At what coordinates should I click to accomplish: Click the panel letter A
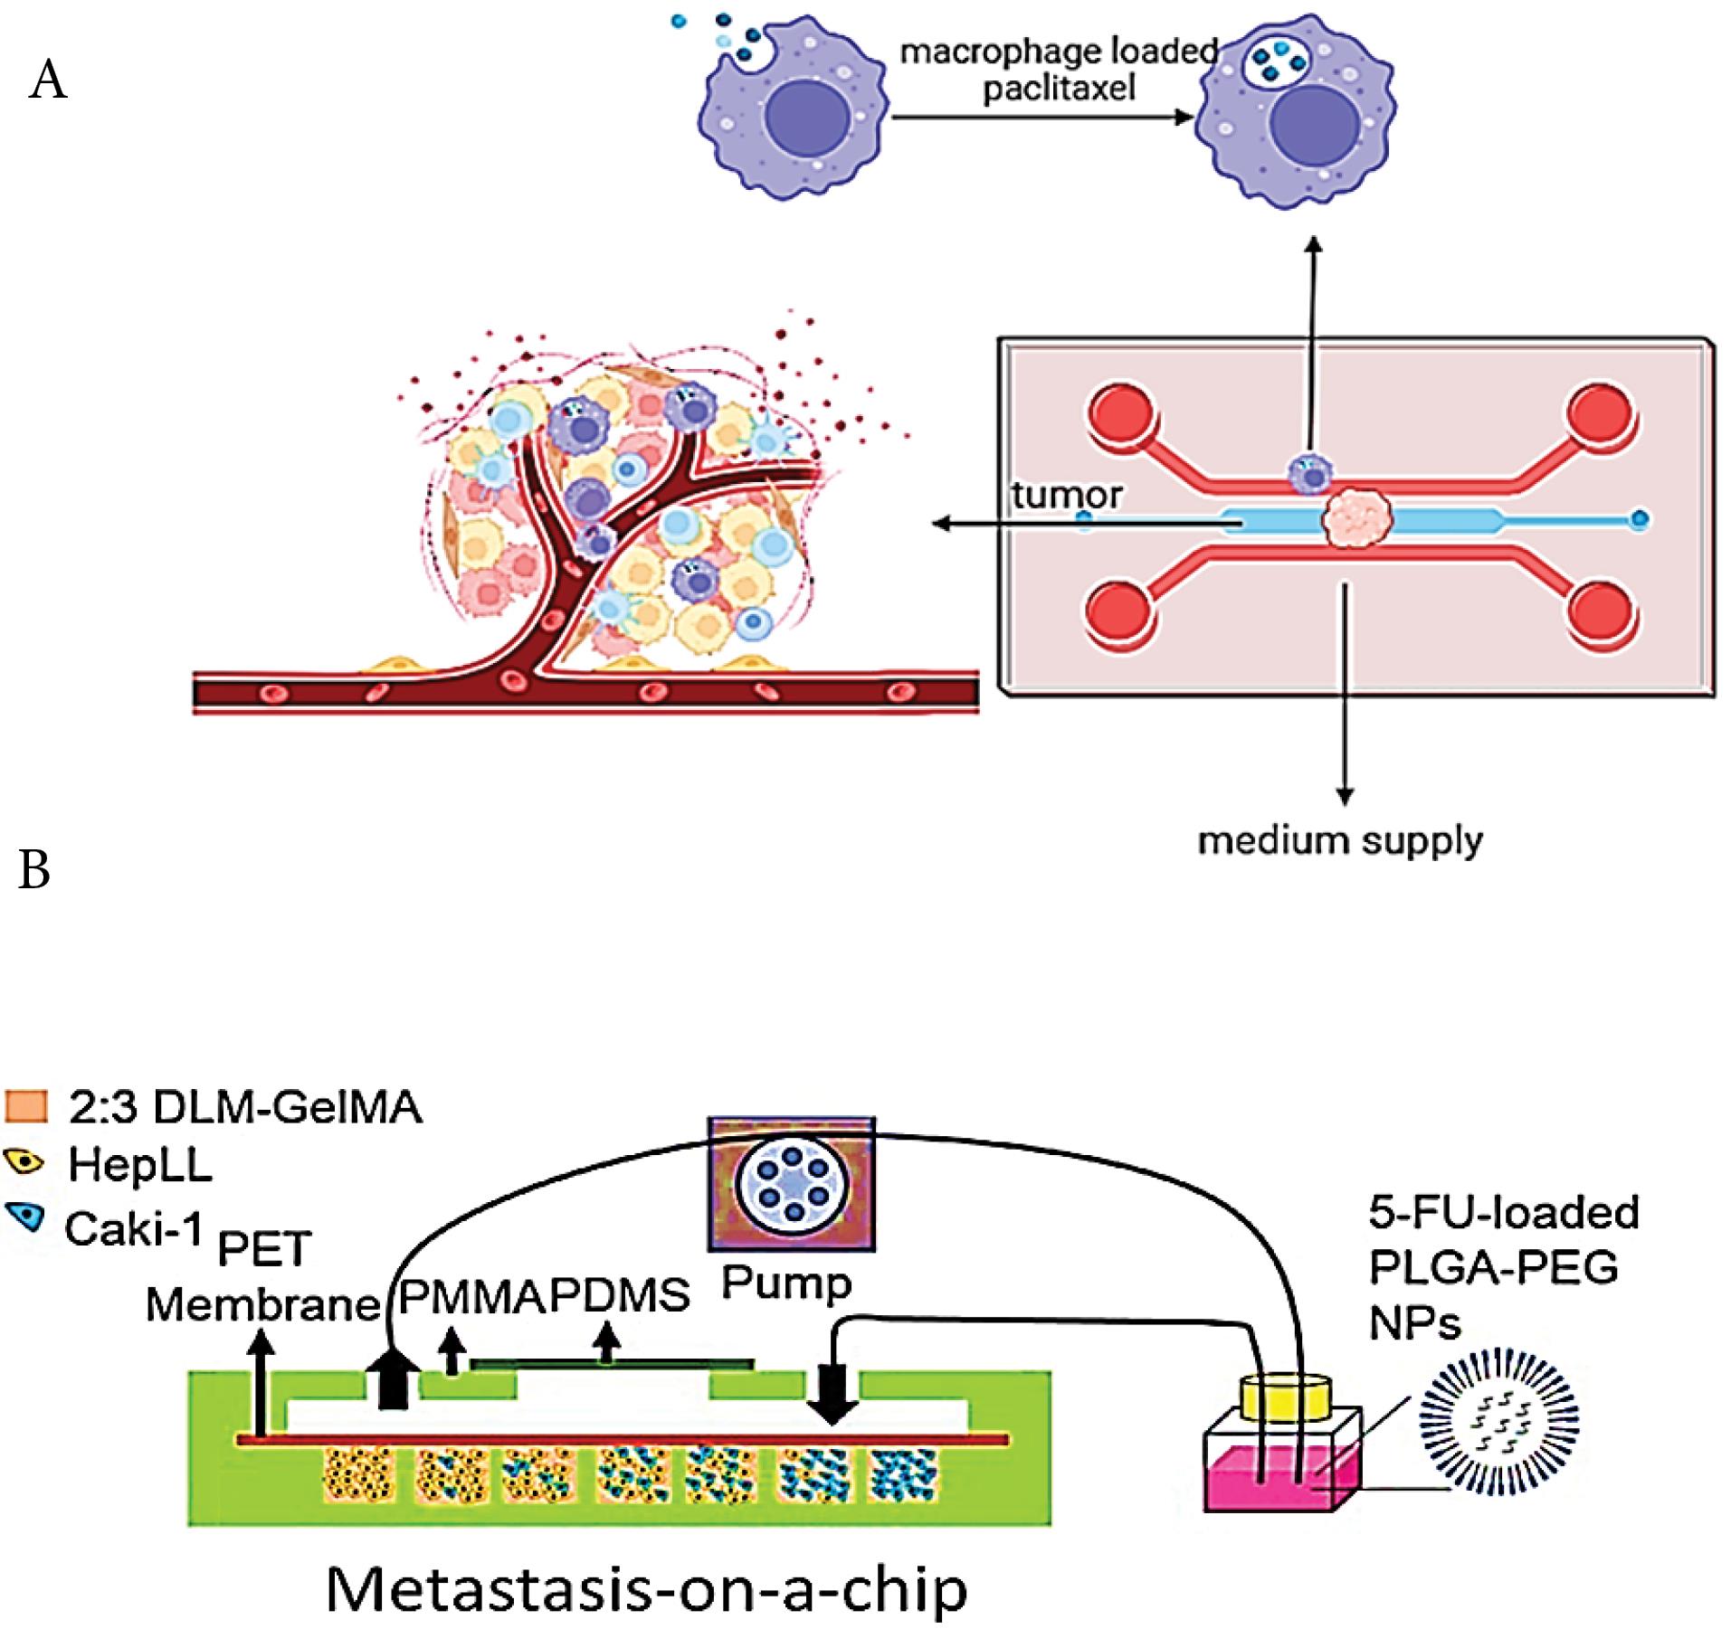[48, 80]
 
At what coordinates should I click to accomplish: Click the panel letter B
[34, 869]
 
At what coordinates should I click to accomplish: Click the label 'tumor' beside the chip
[1067, 495]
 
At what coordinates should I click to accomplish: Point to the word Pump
[786, 1283]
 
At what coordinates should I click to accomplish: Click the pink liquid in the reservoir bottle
[1280, 1483]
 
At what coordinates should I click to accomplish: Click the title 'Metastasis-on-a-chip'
[646, 1588]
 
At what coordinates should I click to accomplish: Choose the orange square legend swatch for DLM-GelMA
[25, 1106]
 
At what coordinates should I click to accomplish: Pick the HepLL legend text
[140, 1165]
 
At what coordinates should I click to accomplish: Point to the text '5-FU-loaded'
[1503, 1212]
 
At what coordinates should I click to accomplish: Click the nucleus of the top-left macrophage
[808, 118]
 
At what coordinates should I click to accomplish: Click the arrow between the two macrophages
[1041, 117]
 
